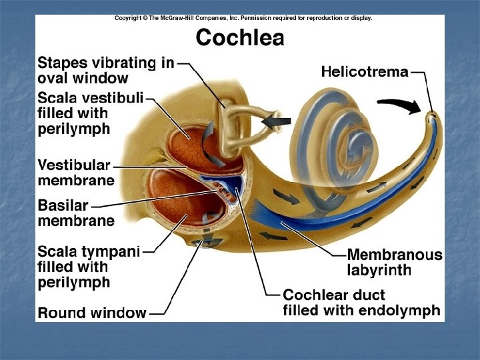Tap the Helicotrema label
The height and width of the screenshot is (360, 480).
(365, 71)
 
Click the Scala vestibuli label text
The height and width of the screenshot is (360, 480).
(91, 98)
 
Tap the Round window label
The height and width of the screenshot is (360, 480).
(92, 312)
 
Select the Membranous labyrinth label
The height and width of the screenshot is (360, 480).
(394, 262)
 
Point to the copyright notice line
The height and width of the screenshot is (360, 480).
(243, 19)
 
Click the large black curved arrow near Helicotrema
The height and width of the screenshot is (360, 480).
(399, 104)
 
